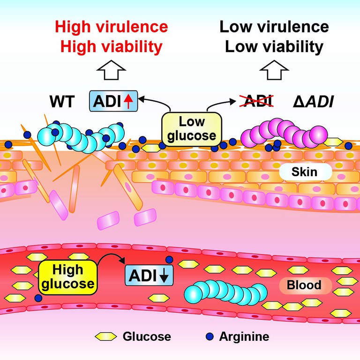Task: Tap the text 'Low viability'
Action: pyautogui.click(x=274, y=47)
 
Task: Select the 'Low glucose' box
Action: pyautogui.click(x=192, y=129)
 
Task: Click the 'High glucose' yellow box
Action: pyautogui.click(x=67, y=277)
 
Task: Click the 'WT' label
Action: pyautogui.click(x=61, y=102)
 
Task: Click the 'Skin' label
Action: pyautogui.click(x=304, y=172)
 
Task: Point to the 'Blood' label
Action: pyautogui.click(x=304, y=285)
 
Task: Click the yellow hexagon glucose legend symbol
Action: pyautogui.click(x=106, y=336)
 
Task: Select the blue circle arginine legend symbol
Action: pyautogui.click(x=210, y=336)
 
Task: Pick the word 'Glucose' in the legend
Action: pyautogui.click(x=147, y=336)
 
